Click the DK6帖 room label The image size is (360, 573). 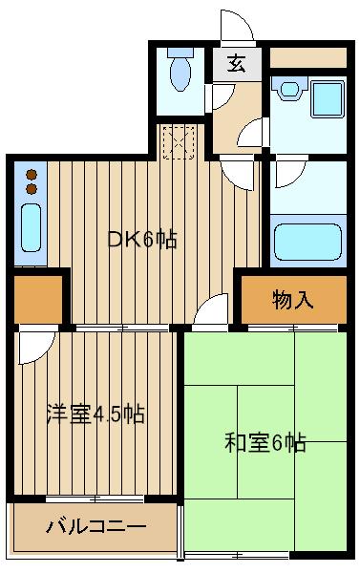(x=142, y=240)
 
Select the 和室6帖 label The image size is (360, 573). (x=265, y=443)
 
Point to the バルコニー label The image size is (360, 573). (x=96, y=526)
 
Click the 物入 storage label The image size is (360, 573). (x=292, y=301)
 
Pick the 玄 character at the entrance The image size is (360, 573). (x=235, y=67)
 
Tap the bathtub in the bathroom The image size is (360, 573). (x=308, y=242)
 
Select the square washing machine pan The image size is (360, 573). (x=326, y=98)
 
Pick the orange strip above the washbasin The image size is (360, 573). (x=307, y=57)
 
